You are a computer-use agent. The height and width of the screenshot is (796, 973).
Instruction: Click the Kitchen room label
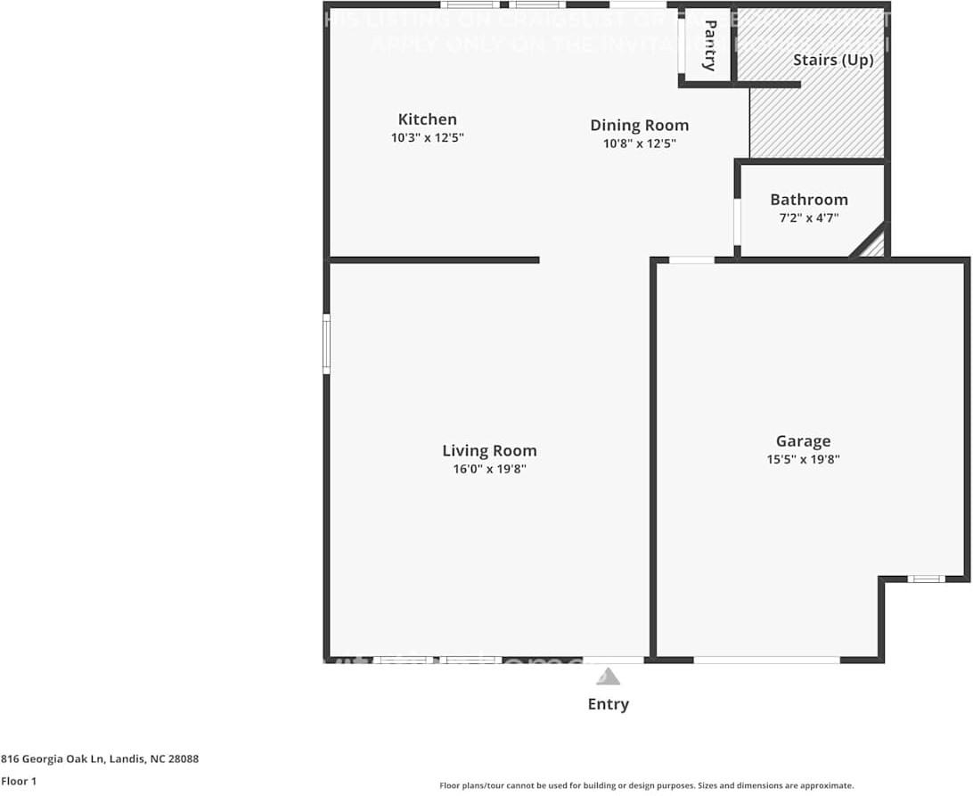[x=427, y=119]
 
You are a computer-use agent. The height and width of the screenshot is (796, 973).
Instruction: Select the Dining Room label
[x=639, y=126]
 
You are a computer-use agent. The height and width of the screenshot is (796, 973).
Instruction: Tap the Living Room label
[x=489, y=451]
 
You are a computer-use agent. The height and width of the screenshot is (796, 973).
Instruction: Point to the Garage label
[x=803, y=441]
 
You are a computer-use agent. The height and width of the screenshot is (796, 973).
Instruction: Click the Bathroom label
[x=808, y=200]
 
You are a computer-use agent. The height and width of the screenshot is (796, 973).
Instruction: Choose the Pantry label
[x=709, y=45]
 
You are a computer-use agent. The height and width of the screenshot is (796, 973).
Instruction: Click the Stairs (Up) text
[x=833, y=61]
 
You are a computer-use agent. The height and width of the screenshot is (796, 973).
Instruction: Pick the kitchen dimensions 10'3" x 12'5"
[x=428, y=138]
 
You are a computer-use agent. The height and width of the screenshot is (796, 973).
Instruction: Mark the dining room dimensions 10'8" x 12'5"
[x=639, y=144]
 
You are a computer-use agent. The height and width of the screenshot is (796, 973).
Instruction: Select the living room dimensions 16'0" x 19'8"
[x=489, y=470]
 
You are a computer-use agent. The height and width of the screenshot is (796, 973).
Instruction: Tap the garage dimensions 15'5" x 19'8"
[x=803, y=460]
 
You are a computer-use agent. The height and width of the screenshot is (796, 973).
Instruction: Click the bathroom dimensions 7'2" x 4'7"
[x=808, y=217]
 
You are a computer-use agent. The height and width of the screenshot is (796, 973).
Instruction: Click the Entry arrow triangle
[x=608, y=677]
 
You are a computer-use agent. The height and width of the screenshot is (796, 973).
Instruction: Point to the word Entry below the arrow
[x=608, y=704]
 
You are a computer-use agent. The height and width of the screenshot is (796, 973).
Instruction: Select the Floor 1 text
[x=19, y=781]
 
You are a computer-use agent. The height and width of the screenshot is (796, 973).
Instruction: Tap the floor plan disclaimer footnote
[x=646, y=785]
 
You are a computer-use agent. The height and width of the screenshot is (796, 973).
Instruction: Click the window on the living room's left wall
[x=326, y=343]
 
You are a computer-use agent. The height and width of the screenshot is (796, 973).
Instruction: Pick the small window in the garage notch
[x=926, y=579]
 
